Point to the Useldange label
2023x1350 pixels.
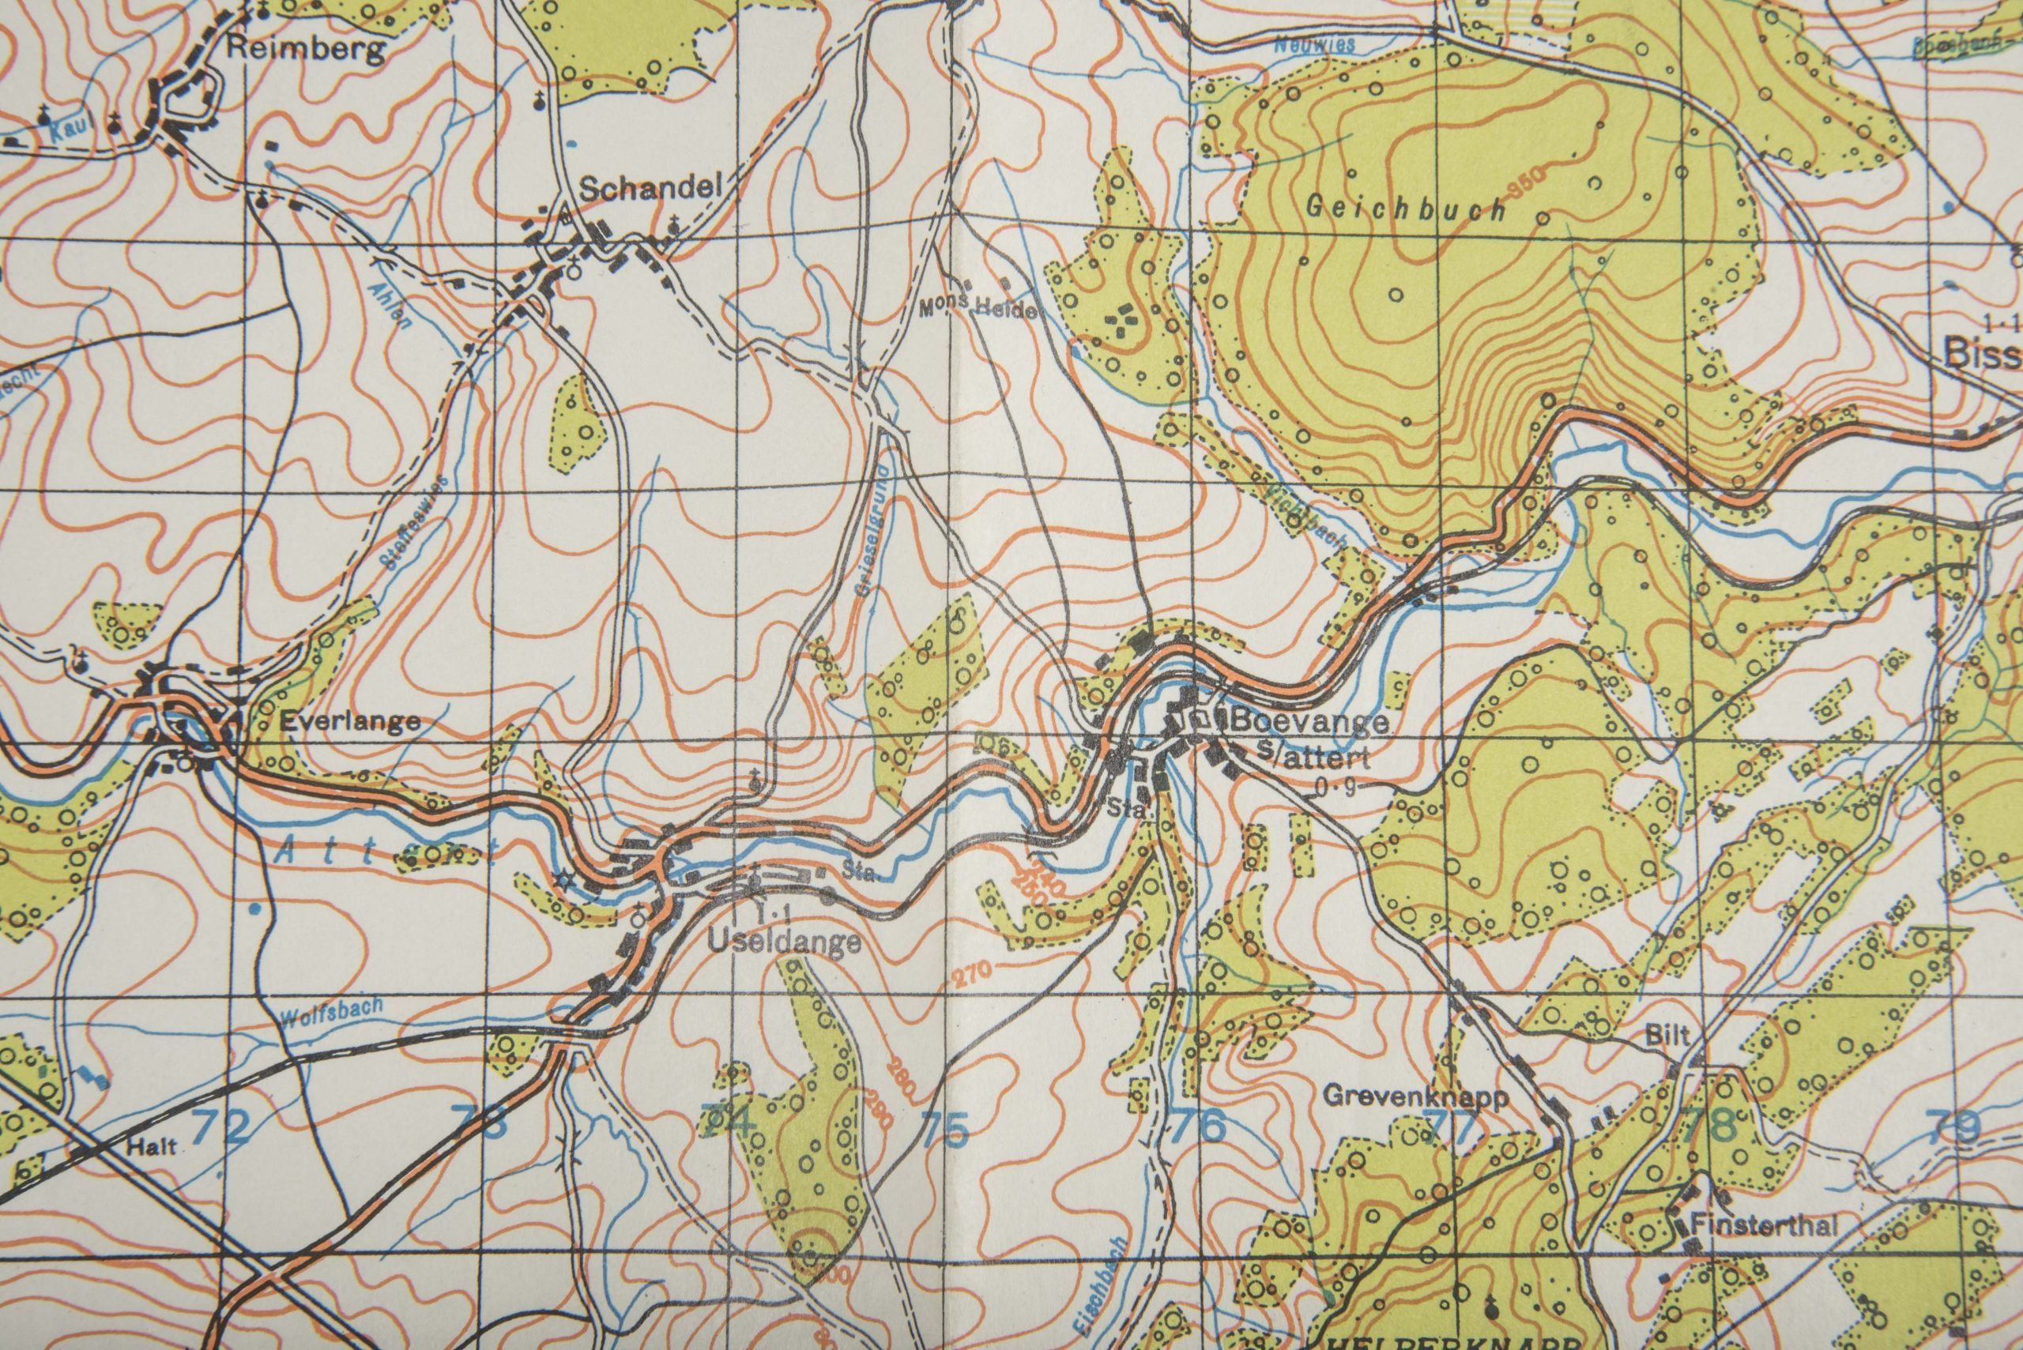tap(785, 941)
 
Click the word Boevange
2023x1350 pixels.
tap(1310, 721)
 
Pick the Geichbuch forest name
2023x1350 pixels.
tap(1406, 209)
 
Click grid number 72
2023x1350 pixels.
tap(221, 1126)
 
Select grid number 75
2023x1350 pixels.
tap(945, 1128)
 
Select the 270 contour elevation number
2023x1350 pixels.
tap(971, 976)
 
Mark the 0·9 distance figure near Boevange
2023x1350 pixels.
tap(1335, 786)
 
